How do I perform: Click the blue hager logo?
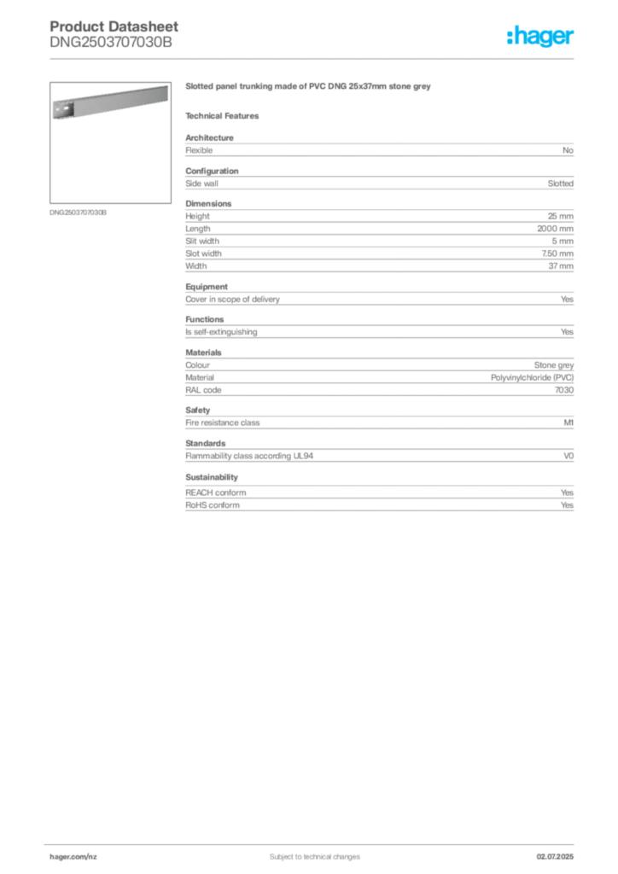[541, 37]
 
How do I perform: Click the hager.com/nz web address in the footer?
[73, 854]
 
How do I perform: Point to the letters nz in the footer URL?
[94, 854]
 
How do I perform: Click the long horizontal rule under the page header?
[314, 58]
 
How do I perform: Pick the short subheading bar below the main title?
[225, 115]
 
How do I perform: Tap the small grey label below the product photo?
[78, 213]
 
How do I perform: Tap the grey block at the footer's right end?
[558, 853]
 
